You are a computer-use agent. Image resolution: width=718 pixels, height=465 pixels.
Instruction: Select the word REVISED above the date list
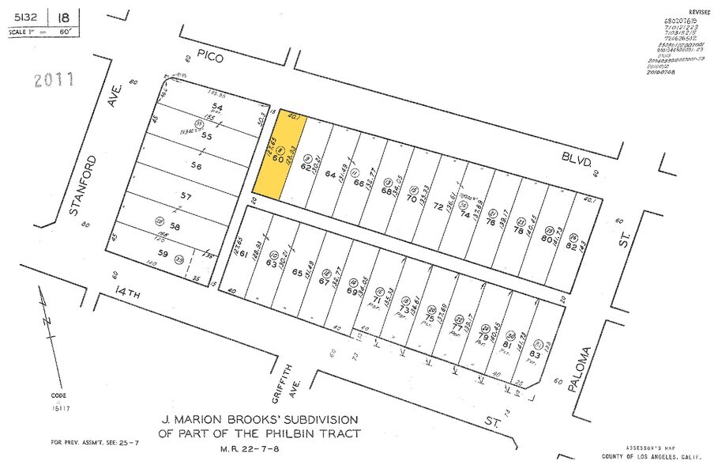(699, 13)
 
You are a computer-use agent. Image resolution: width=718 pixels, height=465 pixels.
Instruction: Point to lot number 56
(195, 166)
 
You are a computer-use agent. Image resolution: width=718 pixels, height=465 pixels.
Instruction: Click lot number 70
(412, 198)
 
